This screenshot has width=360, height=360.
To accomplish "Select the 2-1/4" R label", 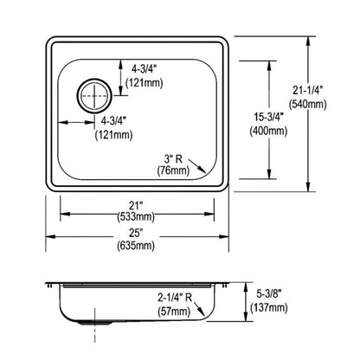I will click(180, 296).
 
